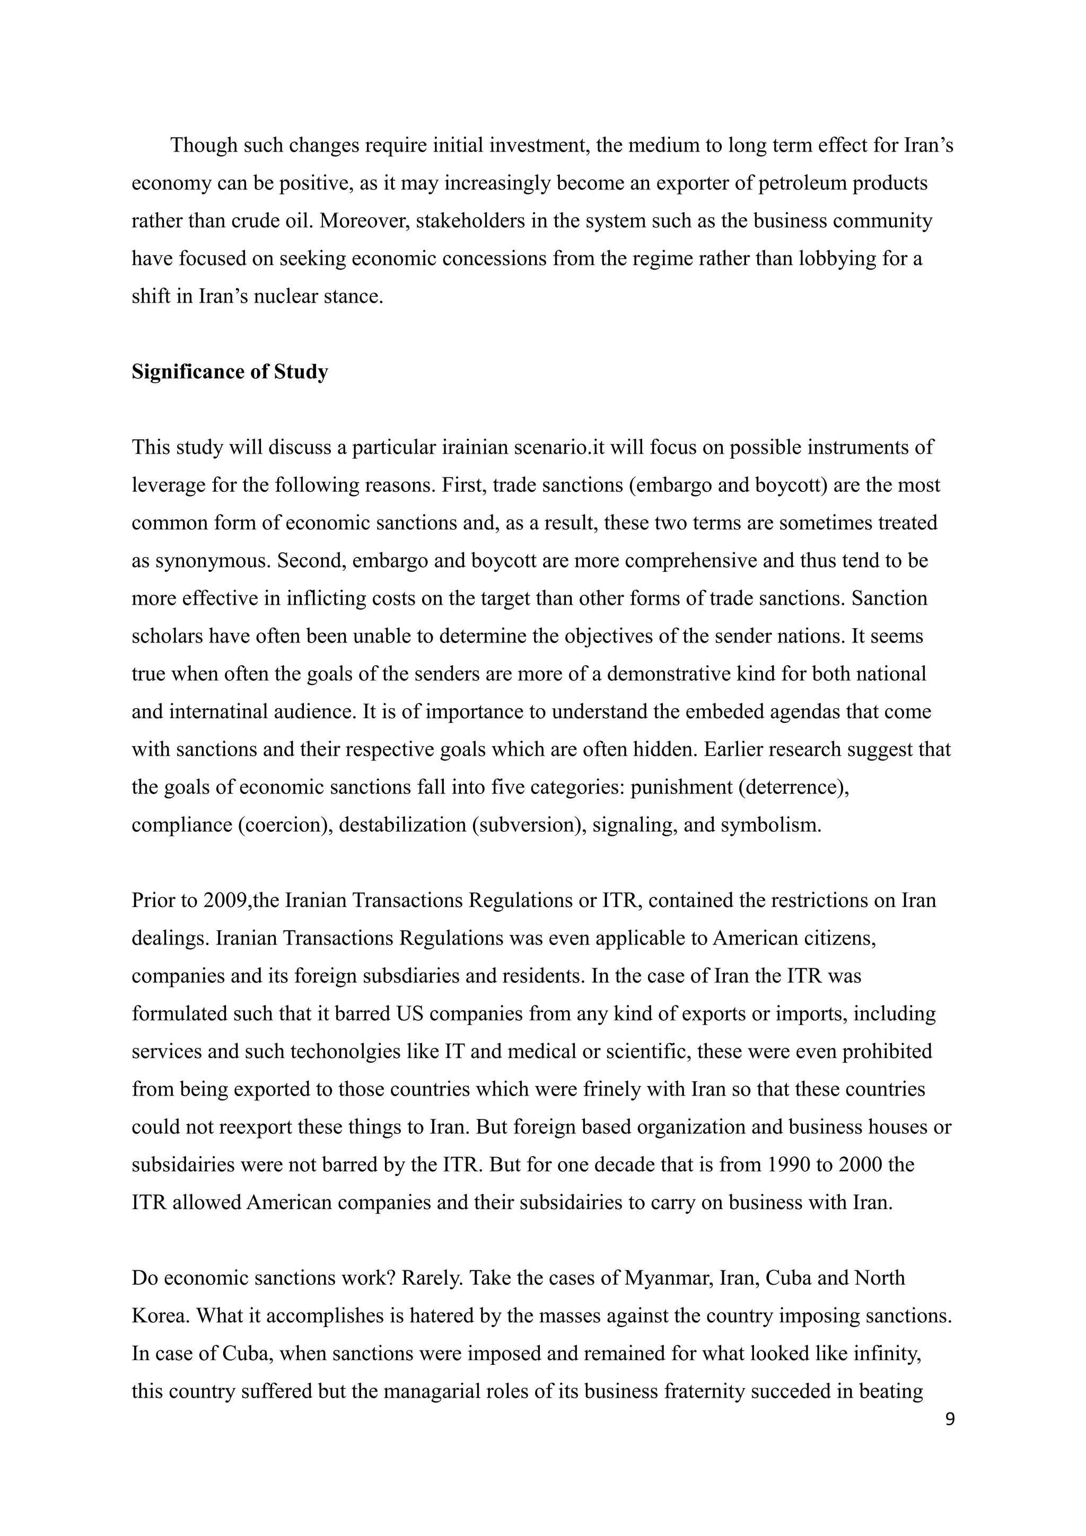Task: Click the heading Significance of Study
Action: pyautogui.click(x=230, y=372)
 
